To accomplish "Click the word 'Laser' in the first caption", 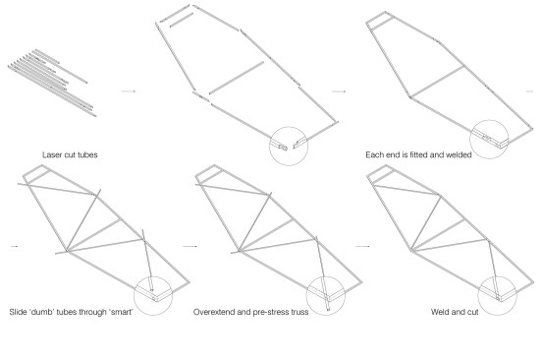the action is point(51,154).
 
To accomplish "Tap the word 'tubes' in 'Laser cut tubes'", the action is point(87,154).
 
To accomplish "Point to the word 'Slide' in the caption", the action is point(18,312).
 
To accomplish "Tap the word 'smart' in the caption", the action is point(121,312).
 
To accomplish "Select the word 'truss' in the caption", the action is point(299,312).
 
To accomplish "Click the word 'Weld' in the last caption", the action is point(440,312).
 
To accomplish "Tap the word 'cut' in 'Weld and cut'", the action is point(472,312).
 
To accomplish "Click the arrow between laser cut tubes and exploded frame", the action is point(128,91).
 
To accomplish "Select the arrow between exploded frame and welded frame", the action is point(339,91).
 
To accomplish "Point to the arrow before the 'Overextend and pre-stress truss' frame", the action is point(189,246).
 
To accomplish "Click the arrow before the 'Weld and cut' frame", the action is point(362,246).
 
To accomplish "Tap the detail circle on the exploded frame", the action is point(289,127).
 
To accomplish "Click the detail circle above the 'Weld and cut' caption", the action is point(497,276).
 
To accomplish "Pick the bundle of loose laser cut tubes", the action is point(52,83).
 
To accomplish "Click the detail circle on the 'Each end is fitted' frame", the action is point(489,120).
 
